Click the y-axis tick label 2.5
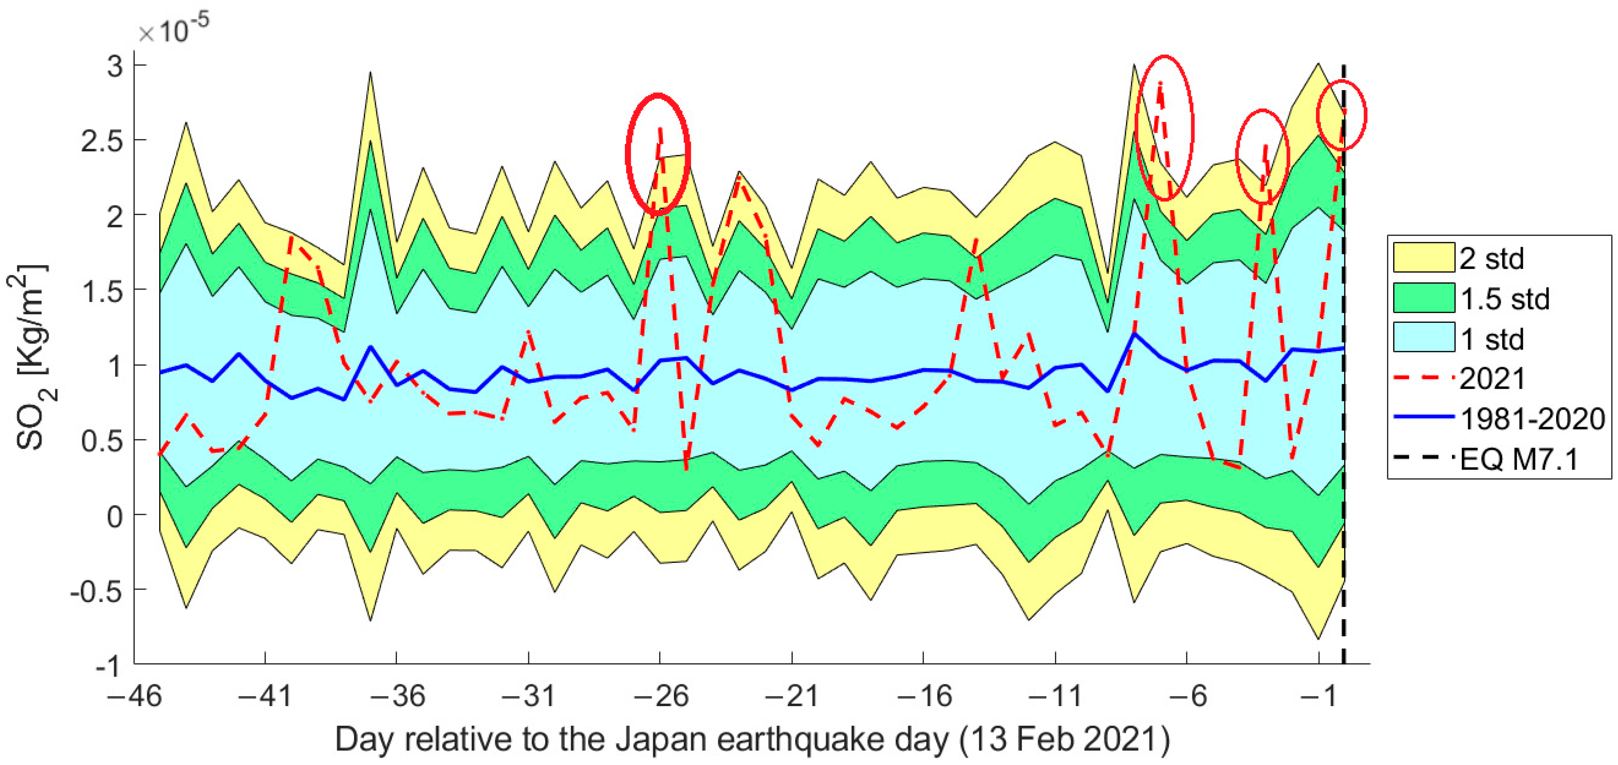pyautogui.click(x=102, y=140)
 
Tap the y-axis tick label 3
pyautogui.click(x=115, y=65)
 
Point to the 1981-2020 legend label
pyautogui.click(x=1533, y=419)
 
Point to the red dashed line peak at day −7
pyautogui.click(x=1160, y=83)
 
